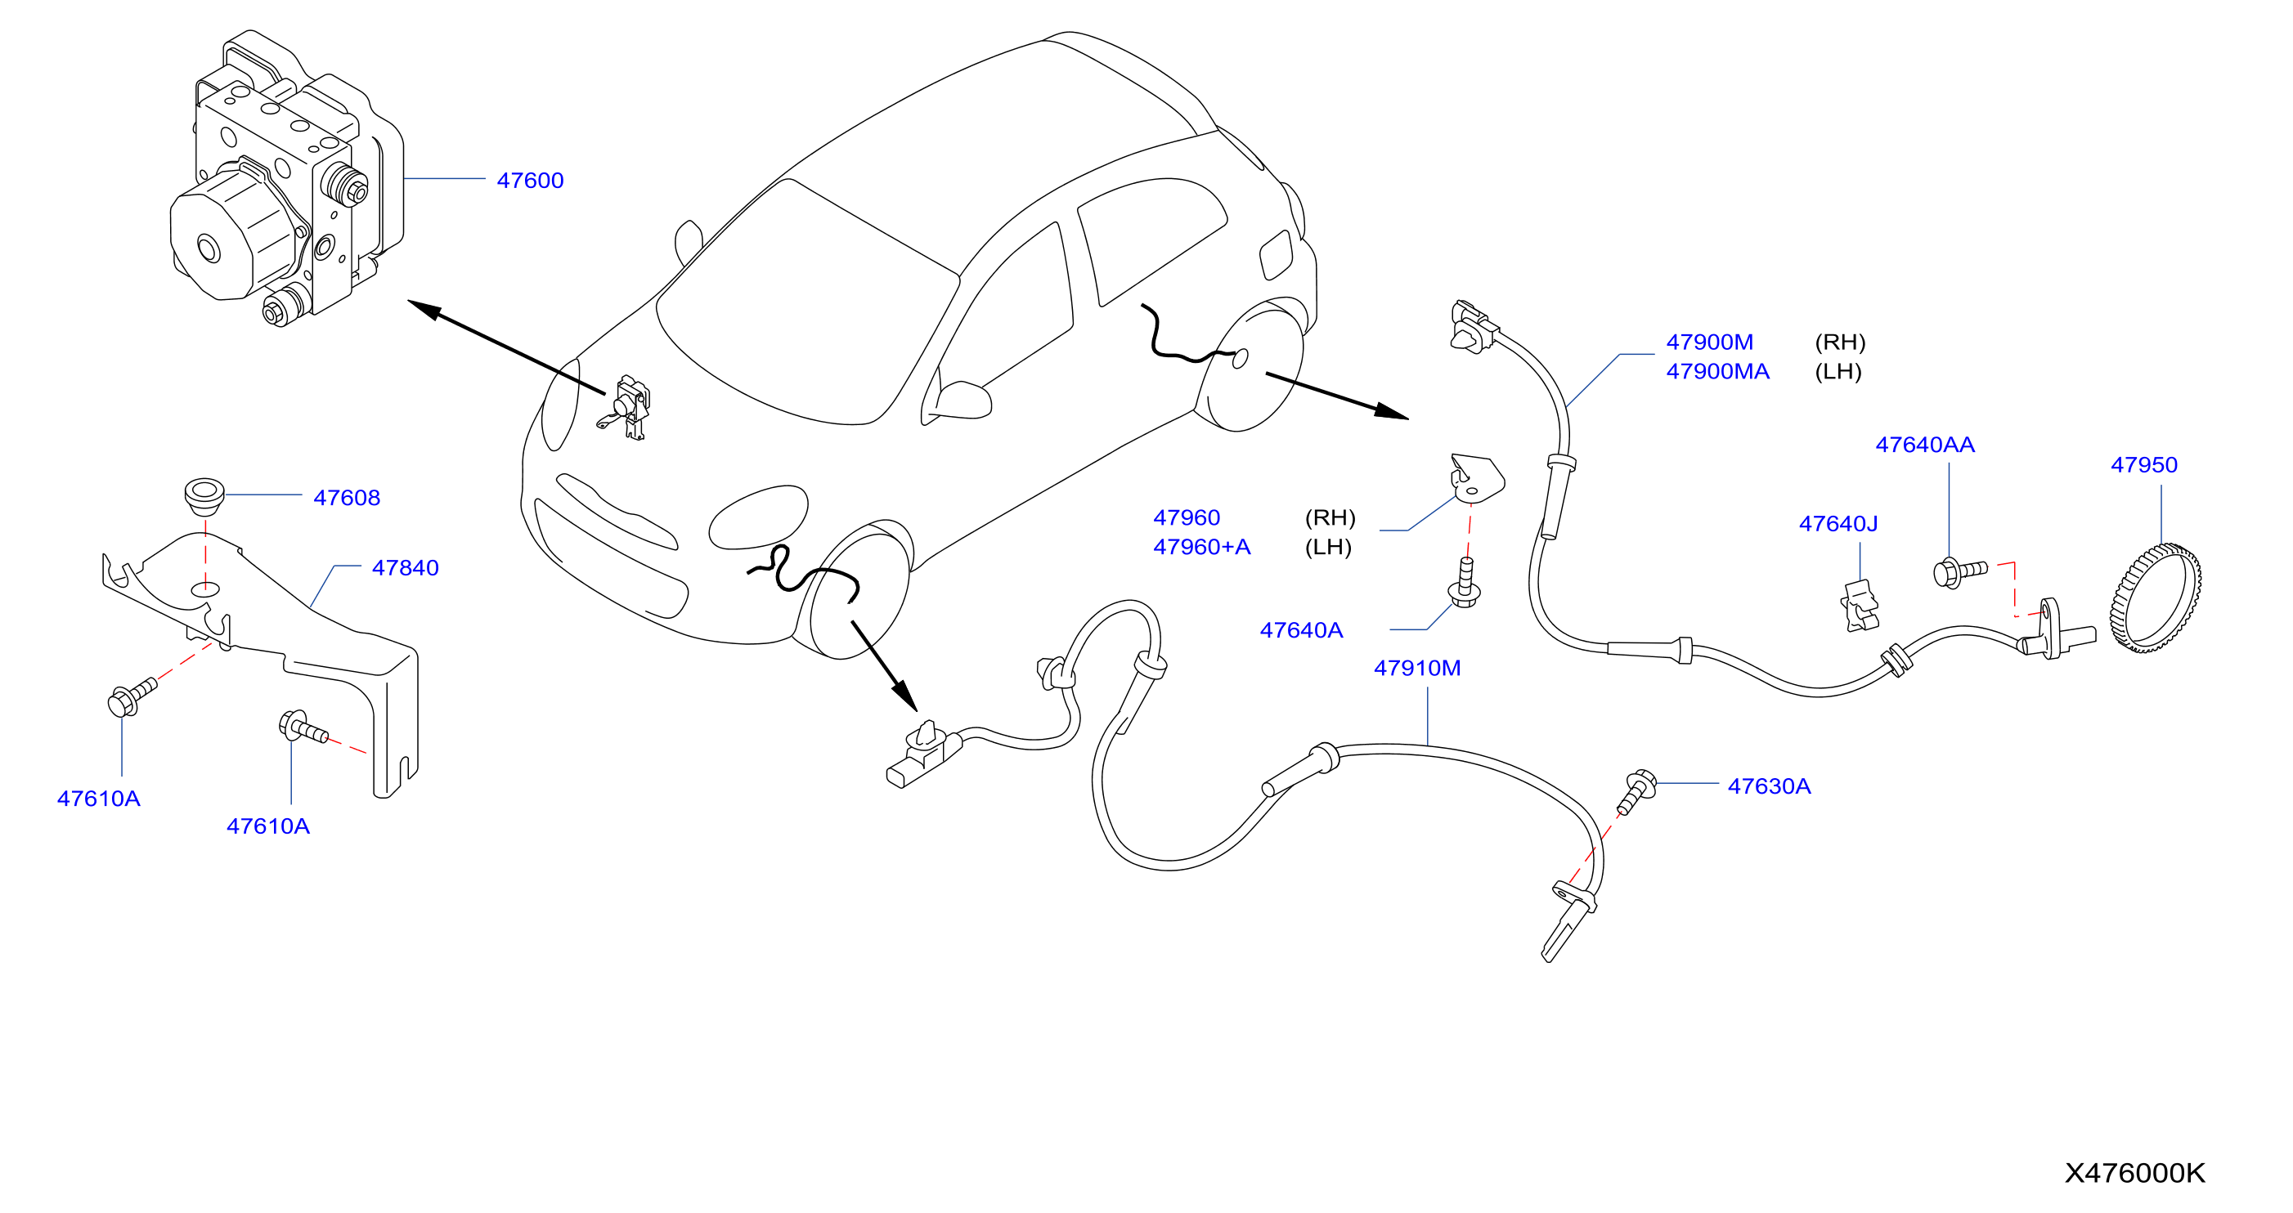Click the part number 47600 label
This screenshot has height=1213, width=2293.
tap(530, 181)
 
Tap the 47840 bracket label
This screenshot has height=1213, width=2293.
tap(405, 568)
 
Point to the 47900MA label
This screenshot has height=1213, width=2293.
tap(1717, 371)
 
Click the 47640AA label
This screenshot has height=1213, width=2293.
tap(1924, 445)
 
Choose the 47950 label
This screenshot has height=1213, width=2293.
tap(2143, 464)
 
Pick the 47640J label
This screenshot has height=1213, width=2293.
tap(1838, 523)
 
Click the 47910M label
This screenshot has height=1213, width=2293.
tap(1417, 668)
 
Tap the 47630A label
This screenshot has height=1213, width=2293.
tap(1769, 786)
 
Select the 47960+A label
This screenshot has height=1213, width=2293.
tap(1201, 547)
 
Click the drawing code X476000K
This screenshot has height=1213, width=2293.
tap(2134, 1173)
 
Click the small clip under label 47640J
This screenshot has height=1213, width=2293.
tap(1860, 606)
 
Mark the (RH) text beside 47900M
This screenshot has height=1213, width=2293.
tap(1840, 342)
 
